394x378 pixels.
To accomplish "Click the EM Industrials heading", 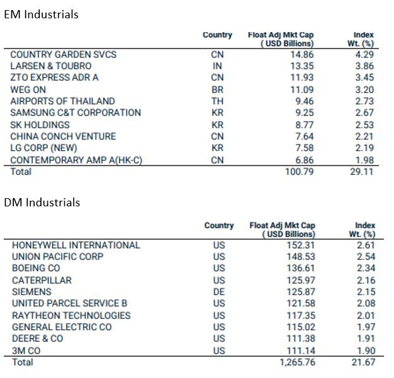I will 42,15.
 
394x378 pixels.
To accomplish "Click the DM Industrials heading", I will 42,203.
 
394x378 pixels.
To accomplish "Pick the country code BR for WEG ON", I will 217,90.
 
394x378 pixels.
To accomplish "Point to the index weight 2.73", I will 364,101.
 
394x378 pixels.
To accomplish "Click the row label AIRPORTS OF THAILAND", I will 62,101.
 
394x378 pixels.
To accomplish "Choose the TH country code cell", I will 217,101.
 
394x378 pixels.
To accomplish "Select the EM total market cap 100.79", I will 299,172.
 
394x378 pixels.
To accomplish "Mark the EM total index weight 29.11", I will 362,172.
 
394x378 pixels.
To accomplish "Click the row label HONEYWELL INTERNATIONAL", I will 76,245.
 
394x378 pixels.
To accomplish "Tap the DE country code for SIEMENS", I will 219,292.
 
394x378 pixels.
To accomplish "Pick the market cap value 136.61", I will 301,268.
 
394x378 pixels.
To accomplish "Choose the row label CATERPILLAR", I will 42,280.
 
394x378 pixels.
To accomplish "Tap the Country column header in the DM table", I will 219,225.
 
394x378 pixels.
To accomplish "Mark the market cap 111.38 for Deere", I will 301,339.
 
